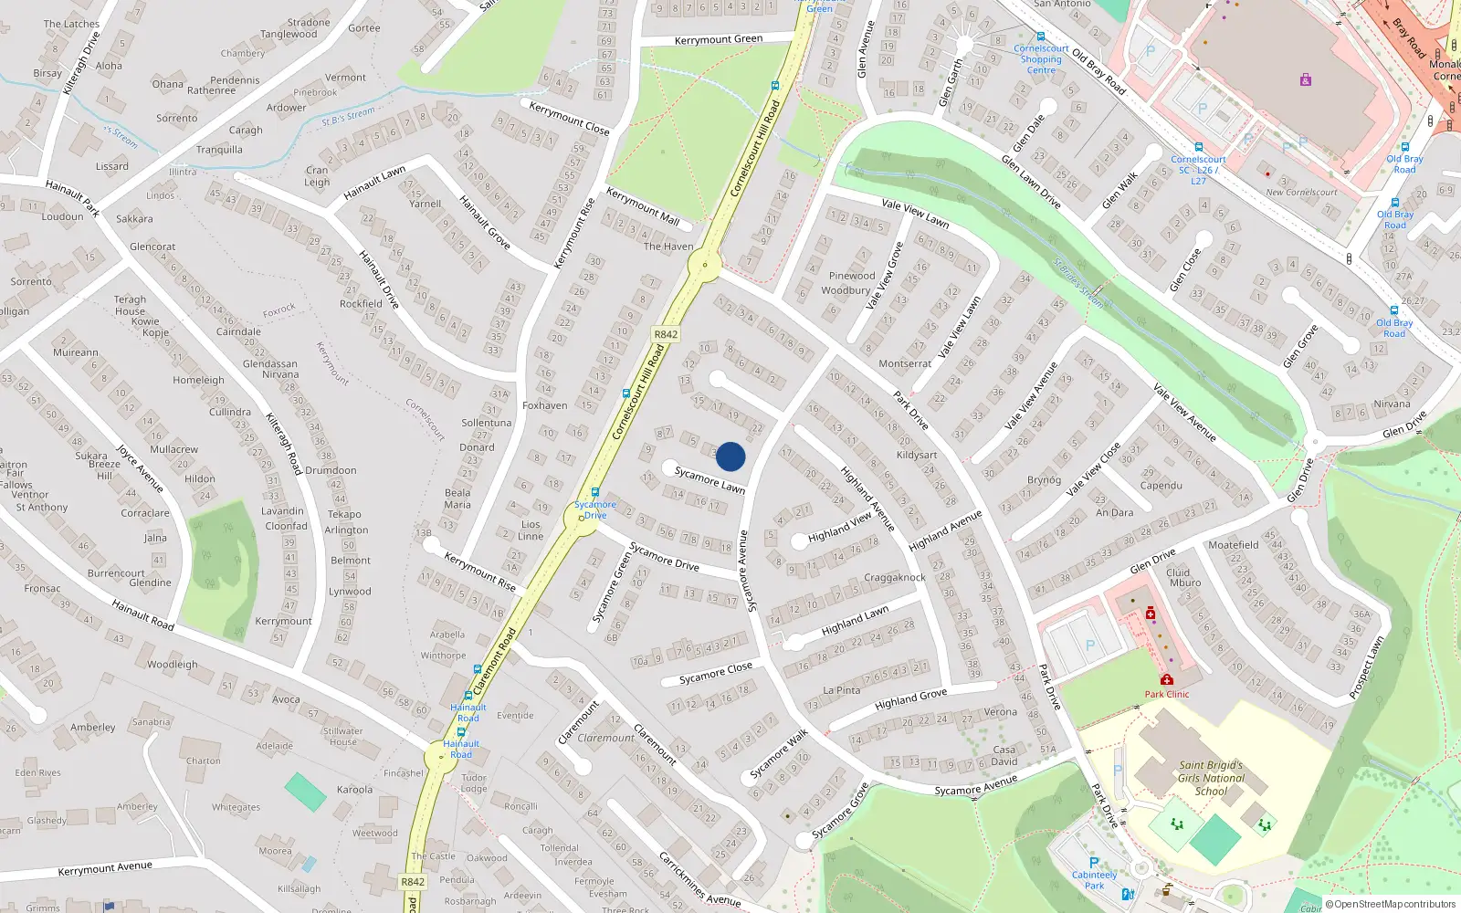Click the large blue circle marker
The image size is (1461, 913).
coord(730,456)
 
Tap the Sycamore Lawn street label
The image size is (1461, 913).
coord(709,480)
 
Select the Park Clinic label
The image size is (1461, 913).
coord(1167,694)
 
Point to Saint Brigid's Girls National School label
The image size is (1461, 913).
coord(1211,778)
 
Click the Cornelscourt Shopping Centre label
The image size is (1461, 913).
coord(1041,59)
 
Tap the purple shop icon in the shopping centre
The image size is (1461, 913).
coord(1306,80)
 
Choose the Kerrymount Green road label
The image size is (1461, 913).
coord(718,39)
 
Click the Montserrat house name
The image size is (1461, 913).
coord(905,363)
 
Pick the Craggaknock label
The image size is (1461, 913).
coord(895,577)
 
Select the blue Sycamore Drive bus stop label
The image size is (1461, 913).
coord(595,509)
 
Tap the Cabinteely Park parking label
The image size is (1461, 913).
coord(1094,880)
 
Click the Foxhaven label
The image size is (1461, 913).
coord(545,405)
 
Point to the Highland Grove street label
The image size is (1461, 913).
coord(910,699)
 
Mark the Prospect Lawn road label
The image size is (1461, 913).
coord(1366,667)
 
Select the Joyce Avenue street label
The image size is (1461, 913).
coord(140,468)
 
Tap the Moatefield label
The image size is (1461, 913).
coord(1233,545)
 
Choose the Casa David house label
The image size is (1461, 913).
coord(1004,755)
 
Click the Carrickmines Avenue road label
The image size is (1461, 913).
coord(699,881)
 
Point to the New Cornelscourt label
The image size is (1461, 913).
coord(1301,193)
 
